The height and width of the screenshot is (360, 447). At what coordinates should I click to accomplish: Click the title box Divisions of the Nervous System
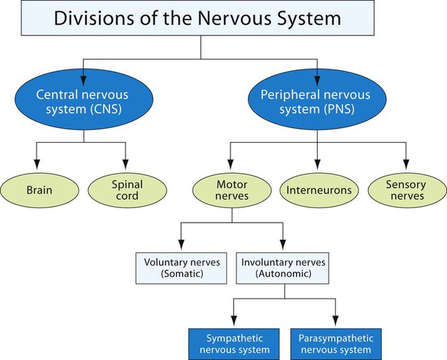coord(200,19)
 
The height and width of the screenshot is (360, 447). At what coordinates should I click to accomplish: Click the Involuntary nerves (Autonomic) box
coord(283,268)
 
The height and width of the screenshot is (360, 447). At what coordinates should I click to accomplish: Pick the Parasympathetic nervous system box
coord(336,342)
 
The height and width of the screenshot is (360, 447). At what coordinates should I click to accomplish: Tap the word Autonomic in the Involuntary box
coord(283,274)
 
